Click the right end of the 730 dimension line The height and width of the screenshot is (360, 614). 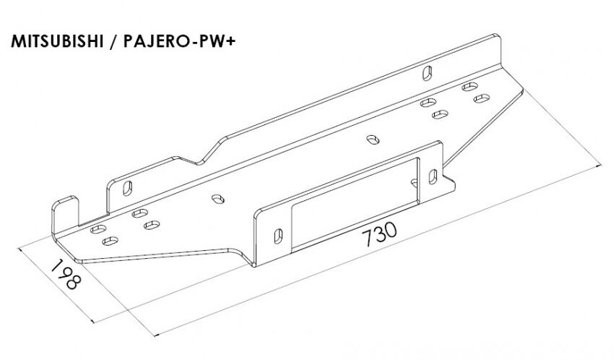coord(601,166)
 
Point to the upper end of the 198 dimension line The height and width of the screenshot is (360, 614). coord(18,247)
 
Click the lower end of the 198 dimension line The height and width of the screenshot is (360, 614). coord(94,322)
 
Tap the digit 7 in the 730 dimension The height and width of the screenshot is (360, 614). coord(368,238)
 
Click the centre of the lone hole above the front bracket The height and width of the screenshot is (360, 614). coord(373,140)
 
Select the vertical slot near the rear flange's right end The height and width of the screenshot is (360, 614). coord(427,73)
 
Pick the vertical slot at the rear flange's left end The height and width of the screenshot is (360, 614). coord(127,189)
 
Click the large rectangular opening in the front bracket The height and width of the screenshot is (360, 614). coord(355,204)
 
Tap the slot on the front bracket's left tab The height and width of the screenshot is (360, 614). coord(278,236)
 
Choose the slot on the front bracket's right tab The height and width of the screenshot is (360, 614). coord(433,176)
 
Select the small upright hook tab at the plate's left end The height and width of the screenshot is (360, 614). coord(66,215)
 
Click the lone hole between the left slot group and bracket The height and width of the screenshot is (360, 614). coord(217,199)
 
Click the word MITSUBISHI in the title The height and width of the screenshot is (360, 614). coord(57,41)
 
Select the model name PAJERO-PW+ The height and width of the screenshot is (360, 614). coord(179,41)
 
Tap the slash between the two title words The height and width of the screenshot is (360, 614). coord(113,41)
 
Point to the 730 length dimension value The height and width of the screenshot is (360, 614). coord(379,234)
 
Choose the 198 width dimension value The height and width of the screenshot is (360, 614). coord(66,274)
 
